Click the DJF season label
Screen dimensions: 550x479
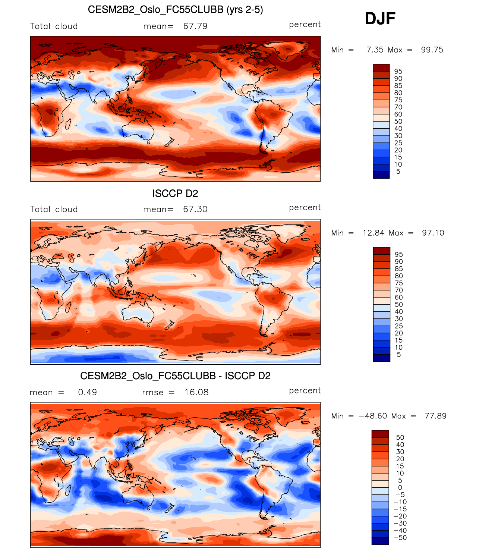tap(380, 19)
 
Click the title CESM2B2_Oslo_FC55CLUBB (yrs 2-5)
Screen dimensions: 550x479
tap(175, 10)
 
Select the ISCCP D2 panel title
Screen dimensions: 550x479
tap(175, 194)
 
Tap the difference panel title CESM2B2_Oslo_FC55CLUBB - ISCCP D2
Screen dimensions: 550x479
tap(175, 376)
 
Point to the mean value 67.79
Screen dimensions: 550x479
tap(195, 26)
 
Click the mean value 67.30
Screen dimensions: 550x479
tap(195, 209)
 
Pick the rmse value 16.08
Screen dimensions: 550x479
tap(196, 392)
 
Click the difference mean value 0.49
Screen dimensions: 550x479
tap(88, 392)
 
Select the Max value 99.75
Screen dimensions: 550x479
tap(432, 50)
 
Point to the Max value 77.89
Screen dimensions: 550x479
tap(435, 416)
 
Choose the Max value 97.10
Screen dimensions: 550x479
tap(433, 233)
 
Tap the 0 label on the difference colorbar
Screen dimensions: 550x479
tap(400, 488)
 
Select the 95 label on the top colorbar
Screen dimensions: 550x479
tap(398, 72)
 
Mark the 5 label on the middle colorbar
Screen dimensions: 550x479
tap(398, 355)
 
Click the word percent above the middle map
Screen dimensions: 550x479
tap(305, 208)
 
